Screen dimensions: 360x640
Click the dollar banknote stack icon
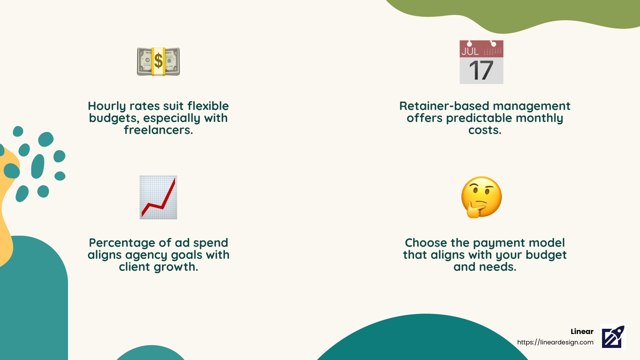point(158,62)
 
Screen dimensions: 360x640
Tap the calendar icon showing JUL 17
point(481,62)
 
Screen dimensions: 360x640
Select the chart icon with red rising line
point(158,197)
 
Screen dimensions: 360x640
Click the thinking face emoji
point(481,197)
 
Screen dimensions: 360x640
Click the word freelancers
point(158,130)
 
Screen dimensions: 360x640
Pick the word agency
point(147,255)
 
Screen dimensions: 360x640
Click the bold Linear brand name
point(582,332)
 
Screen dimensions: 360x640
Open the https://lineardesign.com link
point(555,342)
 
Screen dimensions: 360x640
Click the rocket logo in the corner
point(613,337)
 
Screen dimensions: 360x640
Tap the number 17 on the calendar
point(481,71)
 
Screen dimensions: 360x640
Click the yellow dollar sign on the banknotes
point(158,61)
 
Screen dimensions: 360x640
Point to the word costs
point(485,130)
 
